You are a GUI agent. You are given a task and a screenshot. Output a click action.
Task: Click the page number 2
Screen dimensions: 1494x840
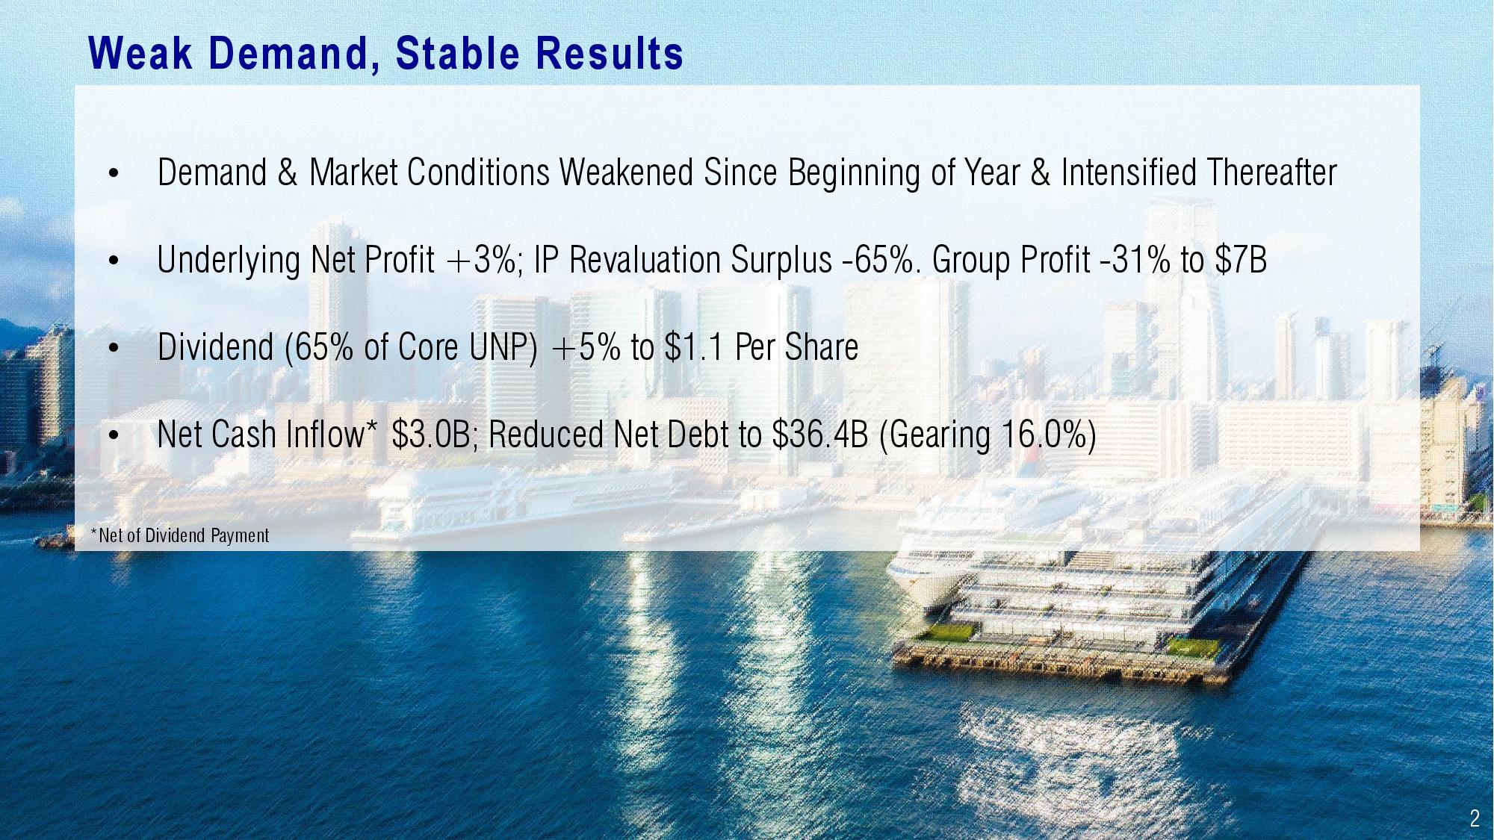[x=1474, y=818]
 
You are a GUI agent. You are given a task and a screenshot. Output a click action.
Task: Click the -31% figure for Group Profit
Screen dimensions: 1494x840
[x=1136, y=260]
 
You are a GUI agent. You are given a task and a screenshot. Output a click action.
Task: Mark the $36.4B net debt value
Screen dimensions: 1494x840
[x=820, y=435]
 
